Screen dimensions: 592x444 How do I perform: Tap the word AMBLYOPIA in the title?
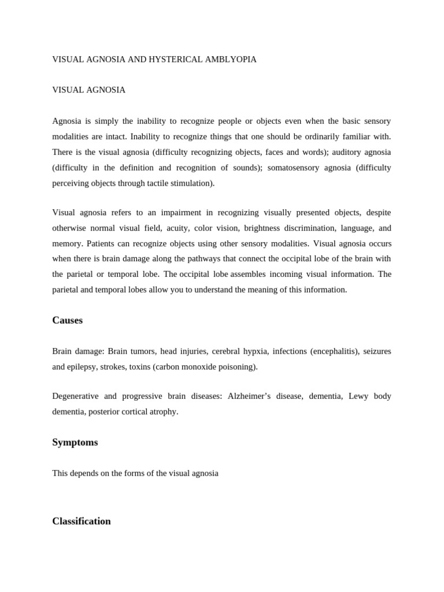pyautogui.click(x=228, y=60)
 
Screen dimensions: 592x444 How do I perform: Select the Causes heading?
pyautogui.click(x=68, y=320)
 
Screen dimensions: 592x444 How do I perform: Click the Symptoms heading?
pyautogui.click(x=75, y=442)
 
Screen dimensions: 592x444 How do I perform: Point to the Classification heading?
pyautogui.click(x=82, y=521)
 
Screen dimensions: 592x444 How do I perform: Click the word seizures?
pyautogui.click(x=377, y=351)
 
